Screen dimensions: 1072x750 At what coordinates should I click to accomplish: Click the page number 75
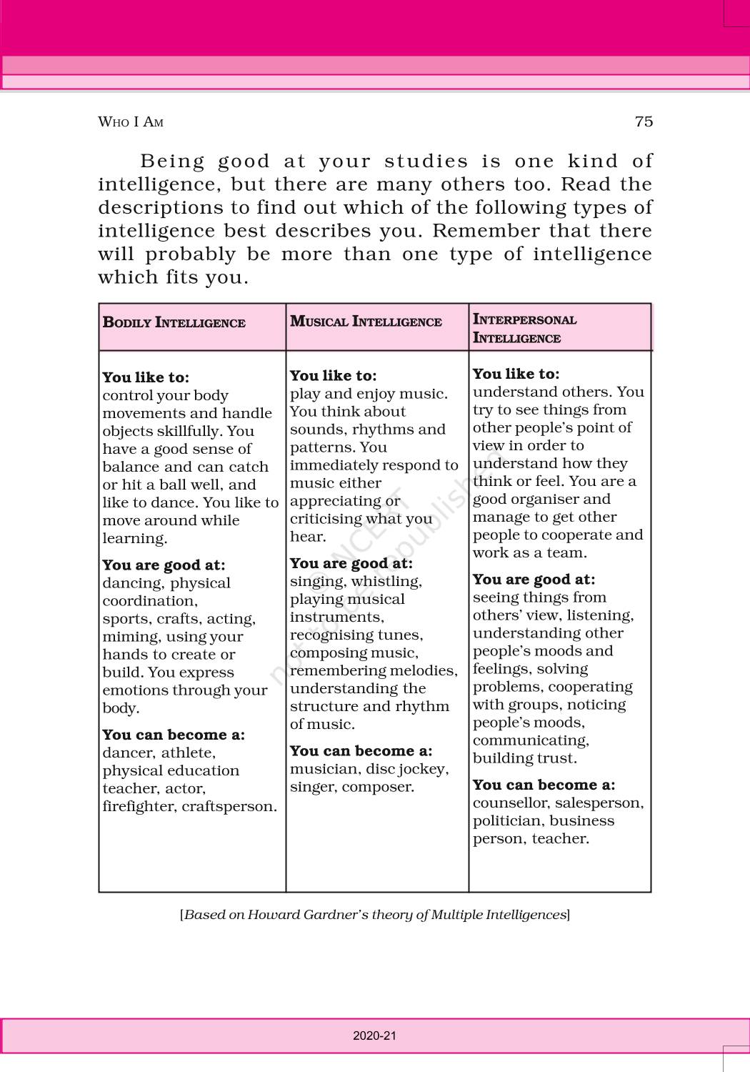click(644, 121)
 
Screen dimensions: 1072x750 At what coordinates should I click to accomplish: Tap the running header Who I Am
click(131, 122)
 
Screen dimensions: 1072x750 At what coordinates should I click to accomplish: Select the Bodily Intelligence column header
click(174, 322)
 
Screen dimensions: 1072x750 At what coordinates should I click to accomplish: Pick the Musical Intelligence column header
click(366, 322)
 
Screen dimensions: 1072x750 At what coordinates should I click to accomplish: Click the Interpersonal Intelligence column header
click(524, 329)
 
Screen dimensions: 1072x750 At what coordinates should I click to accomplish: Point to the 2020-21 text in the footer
click(374, 1036)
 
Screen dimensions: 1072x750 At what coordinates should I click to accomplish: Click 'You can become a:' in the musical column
click(361, 750)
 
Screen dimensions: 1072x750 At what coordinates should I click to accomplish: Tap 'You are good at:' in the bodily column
click(164, 565)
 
